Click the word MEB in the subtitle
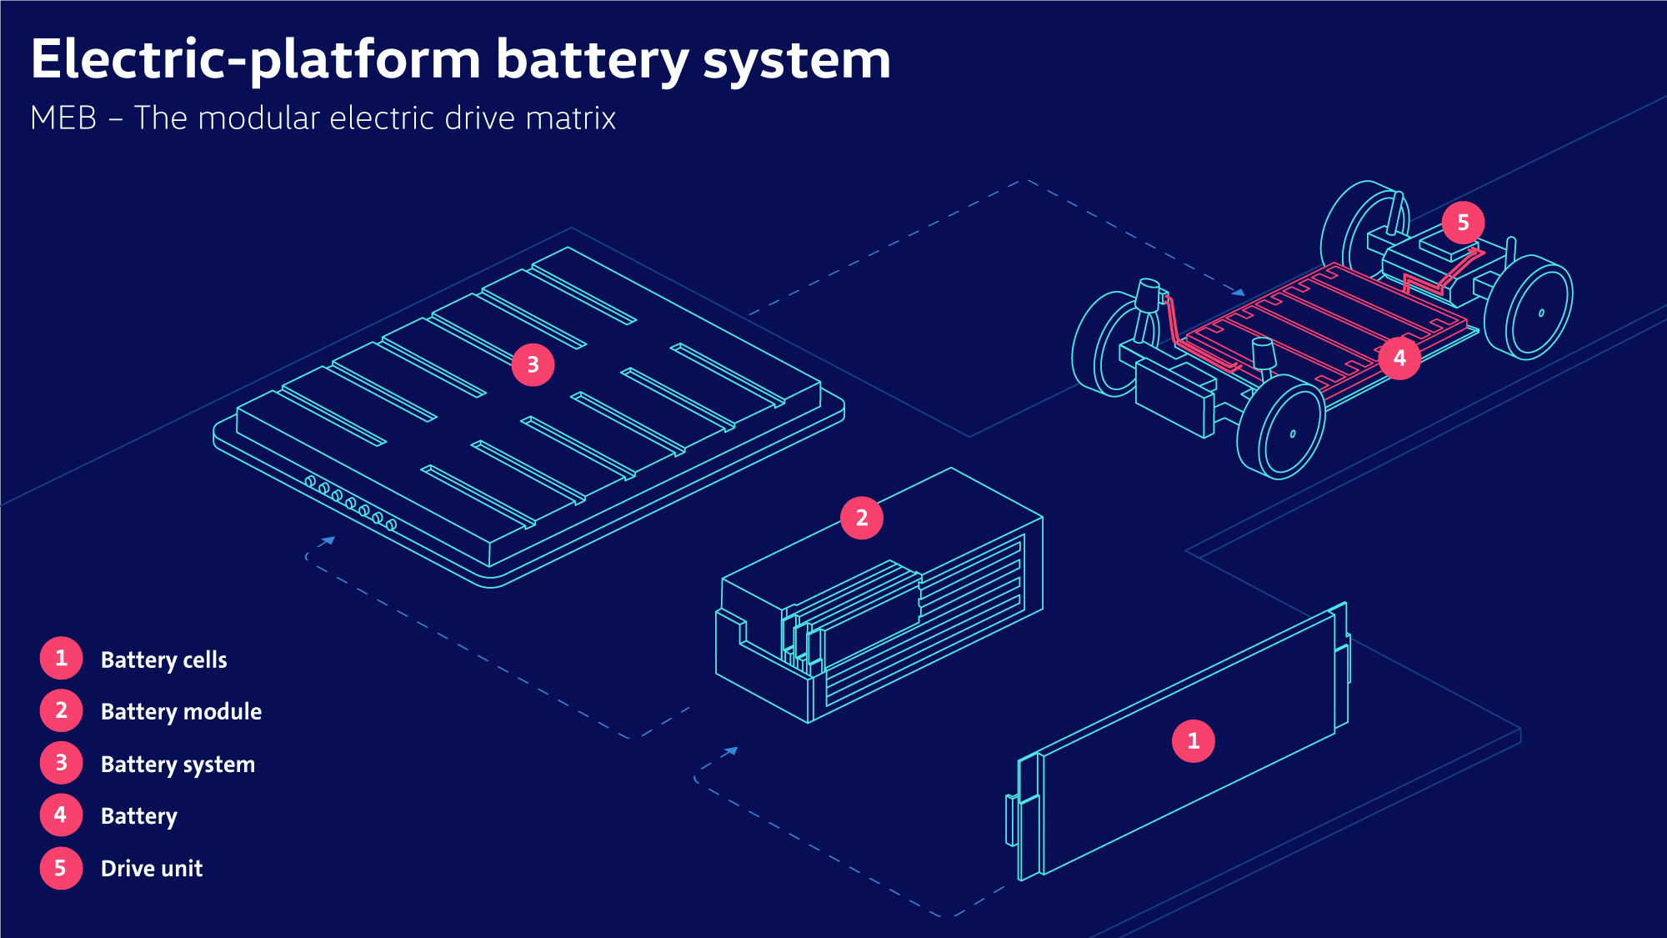(x=63, y=118)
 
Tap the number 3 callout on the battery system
(x=533, y=364)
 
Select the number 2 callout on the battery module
(x=862, y=518)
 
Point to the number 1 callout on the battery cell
(x=1193, y=740)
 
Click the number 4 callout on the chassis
(x=1399, y=358)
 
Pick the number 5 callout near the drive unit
(x=1463, y=223)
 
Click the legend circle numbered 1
(x=61, y=658)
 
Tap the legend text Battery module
(x=181, y=711)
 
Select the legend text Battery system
(x=178, y=764)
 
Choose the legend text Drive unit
(x=152, y=868)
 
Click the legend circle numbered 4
(x=61, y=815)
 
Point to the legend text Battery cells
(x=163, y=660)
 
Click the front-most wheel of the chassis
(x=1281, y=427)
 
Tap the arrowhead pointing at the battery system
(x=328, y=541)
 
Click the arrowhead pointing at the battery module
(x=731, y=751)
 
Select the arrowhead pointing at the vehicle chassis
(x=1239, y=292)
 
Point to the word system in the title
(x=796, y=60)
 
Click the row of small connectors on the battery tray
(x=350, y=503)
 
